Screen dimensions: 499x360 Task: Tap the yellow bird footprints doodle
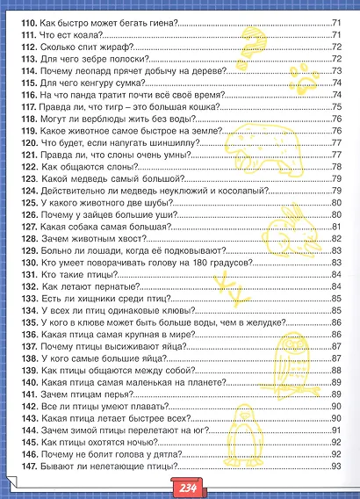point(229,285)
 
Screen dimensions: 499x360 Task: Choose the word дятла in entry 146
point(170,452)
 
